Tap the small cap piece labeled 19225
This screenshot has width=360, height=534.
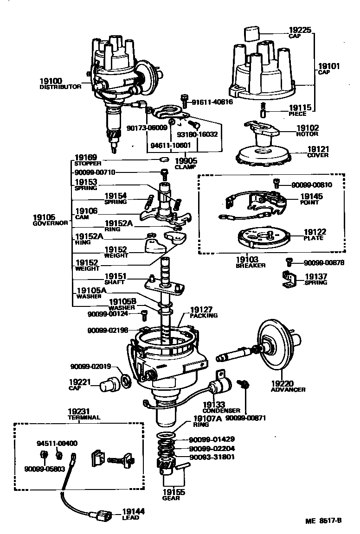(251, 34)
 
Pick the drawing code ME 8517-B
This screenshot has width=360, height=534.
(323, 520)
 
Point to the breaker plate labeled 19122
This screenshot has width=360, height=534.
(263, 237)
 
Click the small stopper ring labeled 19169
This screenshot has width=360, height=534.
(163, 160)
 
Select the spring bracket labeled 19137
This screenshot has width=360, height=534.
(290, 280)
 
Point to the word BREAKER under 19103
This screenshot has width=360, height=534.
(251, 266)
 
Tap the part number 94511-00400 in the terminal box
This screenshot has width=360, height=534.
(57, 443)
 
